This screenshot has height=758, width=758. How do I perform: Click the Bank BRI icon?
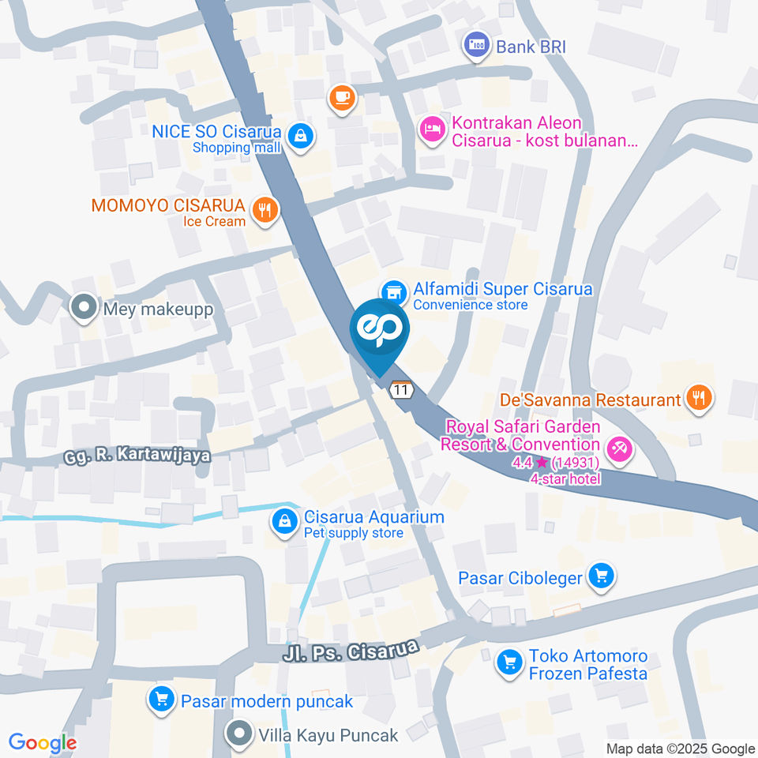476,46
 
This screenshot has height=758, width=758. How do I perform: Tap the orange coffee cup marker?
342,98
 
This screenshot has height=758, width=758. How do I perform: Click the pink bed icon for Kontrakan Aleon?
432,130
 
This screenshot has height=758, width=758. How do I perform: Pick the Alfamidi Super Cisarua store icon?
394,291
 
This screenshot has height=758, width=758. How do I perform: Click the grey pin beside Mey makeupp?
82,308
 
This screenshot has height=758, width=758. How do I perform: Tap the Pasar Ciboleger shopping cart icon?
602,577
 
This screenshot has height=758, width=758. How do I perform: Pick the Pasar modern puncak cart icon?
162,700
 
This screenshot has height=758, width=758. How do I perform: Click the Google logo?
43,743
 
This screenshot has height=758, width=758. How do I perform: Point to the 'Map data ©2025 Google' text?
681,749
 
